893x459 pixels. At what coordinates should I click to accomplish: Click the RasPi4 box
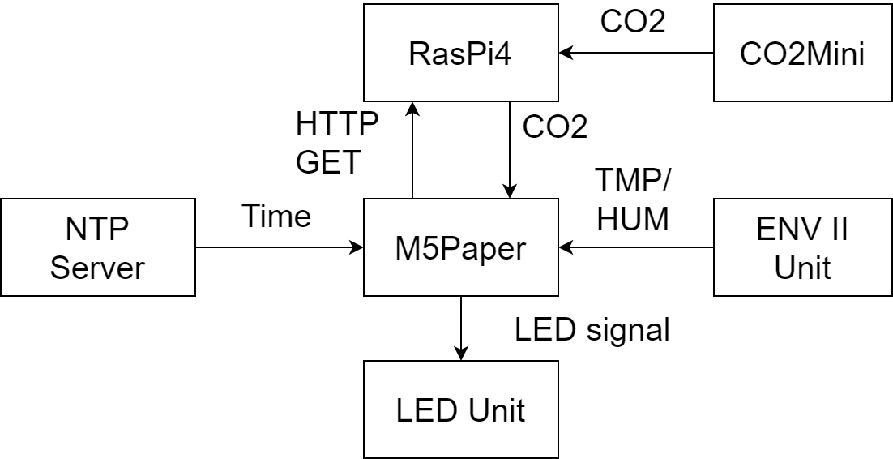[461, 53]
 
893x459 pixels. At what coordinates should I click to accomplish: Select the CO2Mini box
[802, 53]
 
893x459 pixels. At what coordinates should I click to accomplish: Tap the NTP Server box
[98, 247]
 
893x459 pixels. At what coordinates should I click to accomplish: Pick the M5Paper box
[461, 247]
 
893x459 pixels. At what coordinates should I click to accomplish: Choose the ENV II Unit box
[802, 247]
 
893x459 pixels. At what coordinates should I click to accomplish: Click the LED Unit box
[461, 409]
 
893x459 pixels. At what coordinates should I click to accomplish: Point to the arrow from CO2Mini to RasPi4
[636, 53]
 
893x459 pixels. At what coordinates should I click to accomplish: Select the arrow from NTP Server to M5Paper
[280, 247]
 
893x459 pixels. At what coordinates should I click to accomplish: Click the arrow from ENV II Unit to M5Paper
[636, 247]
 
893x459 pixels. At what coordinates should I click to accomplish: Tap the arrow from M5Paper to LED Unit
[461, 328]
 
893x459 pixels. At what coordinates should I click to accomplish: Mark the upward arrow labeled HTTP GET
[412, 150]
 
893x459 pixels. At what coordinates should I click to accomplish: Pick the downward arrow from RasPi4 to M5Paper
[510, 150]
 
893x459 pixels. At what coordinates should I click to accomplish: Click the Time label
[277, 216]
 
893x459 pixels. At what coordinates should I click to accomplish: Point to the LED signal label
[592, 329]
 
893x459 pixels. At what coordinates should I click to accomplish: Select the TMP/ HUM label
[633, 199]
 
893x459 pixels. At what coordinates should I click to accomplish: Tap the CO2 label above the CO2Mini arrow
[633, 22]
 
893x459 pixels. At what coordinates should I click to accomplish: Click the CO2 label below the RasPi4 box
[555, 127]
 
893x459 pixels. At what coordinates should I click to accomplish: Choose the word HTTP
[337, 123]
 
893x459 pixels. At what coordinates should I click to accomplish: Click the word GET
[328, 162]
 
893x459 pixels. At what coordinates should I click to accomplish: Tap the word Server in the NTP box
[97, 268]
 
